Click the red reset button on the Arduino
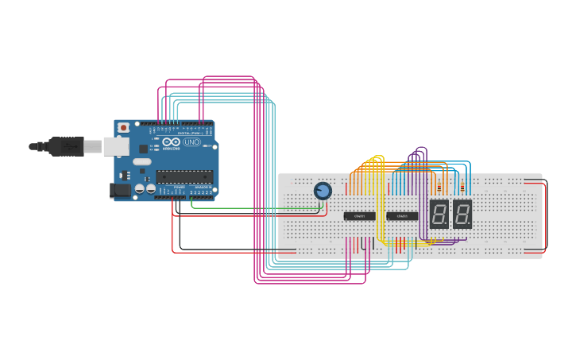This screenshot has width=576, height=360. point(122,127)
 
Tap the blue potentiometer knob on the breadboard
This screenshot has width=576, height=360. point(323,191)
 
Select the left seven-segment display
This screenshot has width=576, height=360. point(439,214)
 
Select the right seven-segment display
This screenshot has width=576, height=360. point(462,214)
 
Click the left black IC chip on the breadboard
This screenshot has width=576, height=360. point(359,216)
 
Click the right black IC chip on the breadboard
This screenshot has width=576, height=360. point(402,216)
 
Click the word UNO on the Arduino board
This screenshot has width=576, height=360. point(191,142)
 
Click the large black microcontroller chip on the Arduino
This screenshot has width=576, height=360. point(184,176)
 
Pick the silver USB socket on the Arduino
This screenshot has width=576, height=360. point(117,146)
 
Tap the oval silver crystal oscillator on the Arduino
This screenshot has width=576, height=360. point(141,161)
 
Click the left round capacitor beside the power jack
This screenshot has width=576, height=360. point(139,189)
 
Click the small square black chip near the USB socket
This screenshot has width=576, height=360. point(144,148)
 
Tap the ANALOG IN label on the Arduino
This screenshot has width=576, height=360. point(203,187)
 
